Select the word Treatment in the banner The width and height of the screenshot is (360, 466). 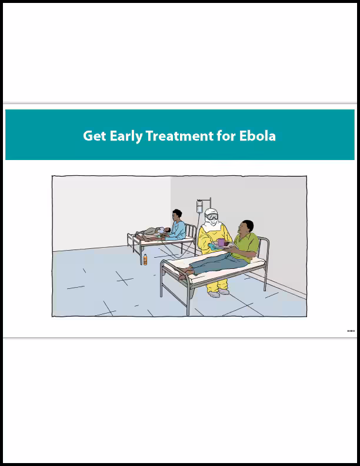(179, 136)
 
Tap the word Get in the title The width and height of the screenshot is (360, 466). (93, 136)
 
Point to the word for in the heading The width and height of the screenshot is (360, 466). (224, 136)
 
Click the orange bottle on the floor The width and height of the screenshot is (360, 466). (145, 259)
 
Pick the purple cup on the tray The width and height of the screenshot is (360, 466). (221, 242)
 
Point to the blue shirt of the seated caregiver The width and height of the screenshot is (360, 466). (178, 230)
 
